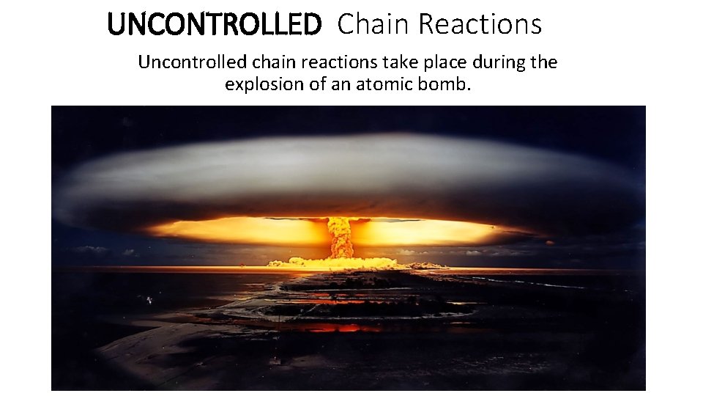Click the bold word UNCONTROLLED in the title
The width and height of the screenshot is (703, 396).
[x=214, y=25]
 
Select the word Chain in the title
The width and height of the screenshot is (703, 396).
[x=374, y=25]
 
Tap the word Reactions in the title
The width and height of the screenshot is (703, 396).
[x=480, y=25]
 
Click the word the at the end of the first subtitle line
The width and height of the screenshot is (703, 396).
[x=543, y=62]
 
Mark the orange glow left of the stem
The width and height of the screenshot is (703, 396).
[x=242, y=231]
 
